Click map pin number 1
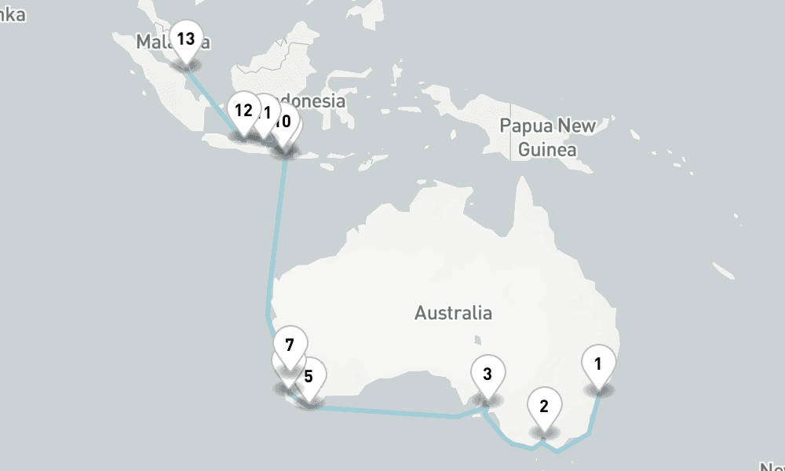(x=599, y=364)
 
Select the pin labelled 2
(x=543, y=407)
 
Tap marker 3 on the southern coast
(x=487, y=374)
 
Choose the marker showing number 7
(x=290, y=345)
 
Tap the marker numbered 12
(x=243, y=111)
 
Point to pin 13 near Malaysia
(x=186, y=38)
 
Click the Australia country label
(x=454, y=313)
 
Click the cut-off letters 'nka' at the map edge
(x=13, y=14)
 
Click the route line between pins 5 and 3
(x=392, y=411)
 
